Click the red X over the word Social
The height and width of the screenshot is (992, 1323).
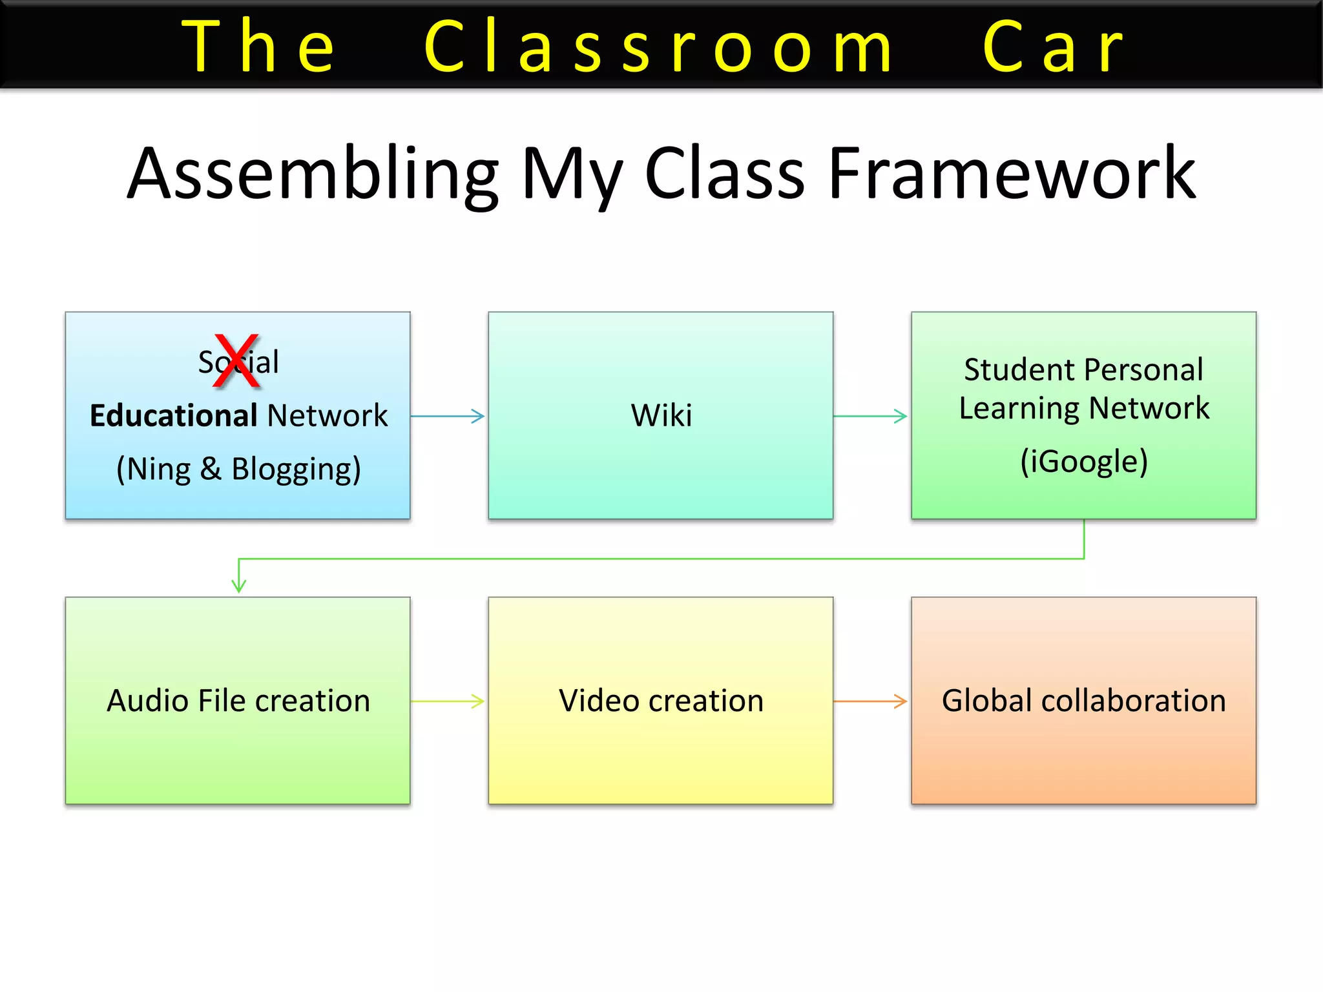point(236,361)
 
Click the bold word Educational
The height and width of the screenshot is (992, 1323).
point(173,415)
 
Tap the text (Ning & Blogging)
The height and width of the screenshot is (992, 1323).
point(238,469)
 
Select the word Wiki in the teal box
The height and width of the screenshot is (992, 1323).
point(661,415)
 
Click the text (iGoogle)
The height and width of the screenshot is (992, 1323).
point(1083,461)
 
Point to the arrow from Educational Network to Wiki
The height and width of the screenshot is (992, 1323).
point(448,416)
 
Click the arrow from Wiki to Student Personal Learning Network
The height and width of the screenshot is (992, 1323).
point(871,416)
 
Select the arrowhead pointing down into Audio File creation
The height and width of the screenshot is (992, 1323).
point(239,584)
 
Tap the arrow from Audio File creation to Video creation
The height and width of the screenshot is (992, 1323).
point(448,701)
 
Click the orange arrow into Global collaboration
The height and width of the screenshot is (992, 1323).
point(871,701)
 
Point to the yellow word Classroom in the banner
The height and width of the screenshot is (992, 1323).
point(659,46)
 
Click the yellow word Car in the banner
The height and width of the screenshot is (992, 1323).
point(1053,46)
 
